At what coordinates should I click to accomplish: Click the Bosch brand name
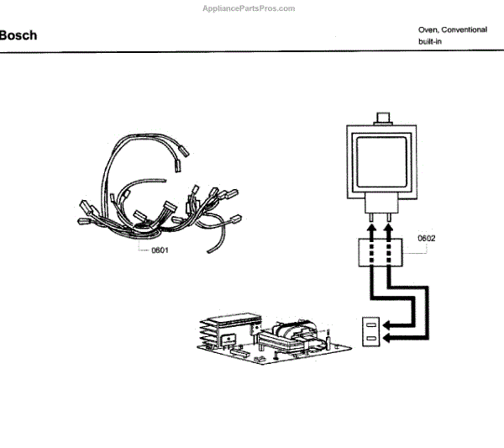pos(18,36)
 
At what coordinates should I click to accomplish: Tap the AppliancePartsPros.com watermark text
pos(249,8)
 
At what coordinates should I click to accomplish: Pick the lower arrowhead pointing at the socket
pos(388,338)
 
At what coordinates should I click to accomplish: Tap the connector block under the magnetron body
pos(381,203)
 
